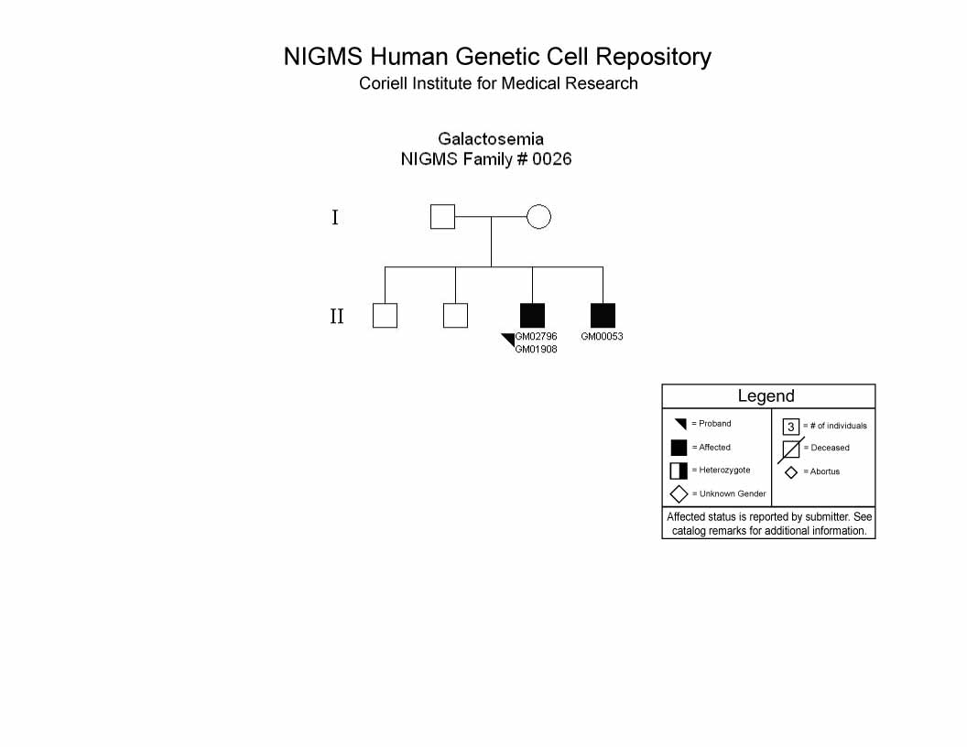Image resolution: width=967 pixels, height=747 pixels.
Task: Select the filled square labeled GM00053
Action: [x=603, y=316]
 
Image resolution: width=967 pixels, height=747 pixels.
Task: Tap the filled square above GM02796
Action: [x=532, y=316]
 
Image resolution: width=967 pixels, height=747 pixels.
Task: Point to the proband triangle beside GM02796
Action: [x=509, y=339]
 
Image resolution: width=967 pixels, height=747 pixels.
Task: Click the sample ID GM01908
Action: [x=536, y=350]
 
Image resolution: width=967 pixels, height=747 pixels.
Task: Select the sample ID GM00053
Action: [x=602, y=337]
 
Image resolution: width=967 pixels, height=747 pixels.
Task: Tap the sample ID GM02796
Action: [x=536, y=337]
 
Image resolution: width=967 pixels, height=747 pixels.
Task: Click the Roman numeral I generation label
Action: [x=335, y=218]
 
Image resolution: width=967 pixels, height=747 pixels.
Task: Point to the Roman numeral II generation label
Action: [x=336, y=316]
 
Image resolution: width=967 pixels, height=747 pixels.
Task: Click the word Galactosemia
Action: [x=491, y=138]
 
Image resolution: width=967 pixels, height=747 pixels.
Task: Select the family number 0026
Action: [x=552, y=159]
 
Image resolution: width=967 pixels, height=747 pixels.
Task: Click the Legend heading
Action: [x=766, y=395]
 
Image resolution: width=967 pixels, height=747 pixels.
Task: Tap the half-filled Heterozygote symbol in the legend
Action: [x=679, y=471]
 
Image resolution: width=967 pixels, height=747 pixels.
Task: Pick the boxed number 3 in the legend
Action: [x=791, y=427]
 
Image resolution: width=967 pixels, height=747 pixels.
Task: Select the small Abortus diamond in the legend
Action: [x=791, y=472]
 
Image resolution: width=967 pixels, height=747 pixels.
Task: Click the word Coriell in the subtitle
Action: [x=383, y=83]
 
